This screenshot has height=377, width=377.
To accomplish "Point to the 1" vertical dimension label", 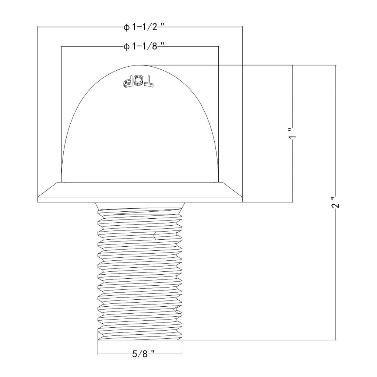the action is [x=293, y=133].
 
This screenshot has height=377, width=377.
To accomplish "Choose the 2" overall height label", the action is [x=336, y=202].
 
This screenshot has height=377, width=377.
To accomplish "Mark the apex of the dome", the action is [x=140, y=65].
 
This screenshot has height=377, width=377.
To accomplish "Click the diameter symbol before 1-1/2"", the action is [x=127, y=28].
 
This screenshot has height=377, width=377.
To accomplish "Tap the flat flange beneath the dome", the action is [x=140, y=192].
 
